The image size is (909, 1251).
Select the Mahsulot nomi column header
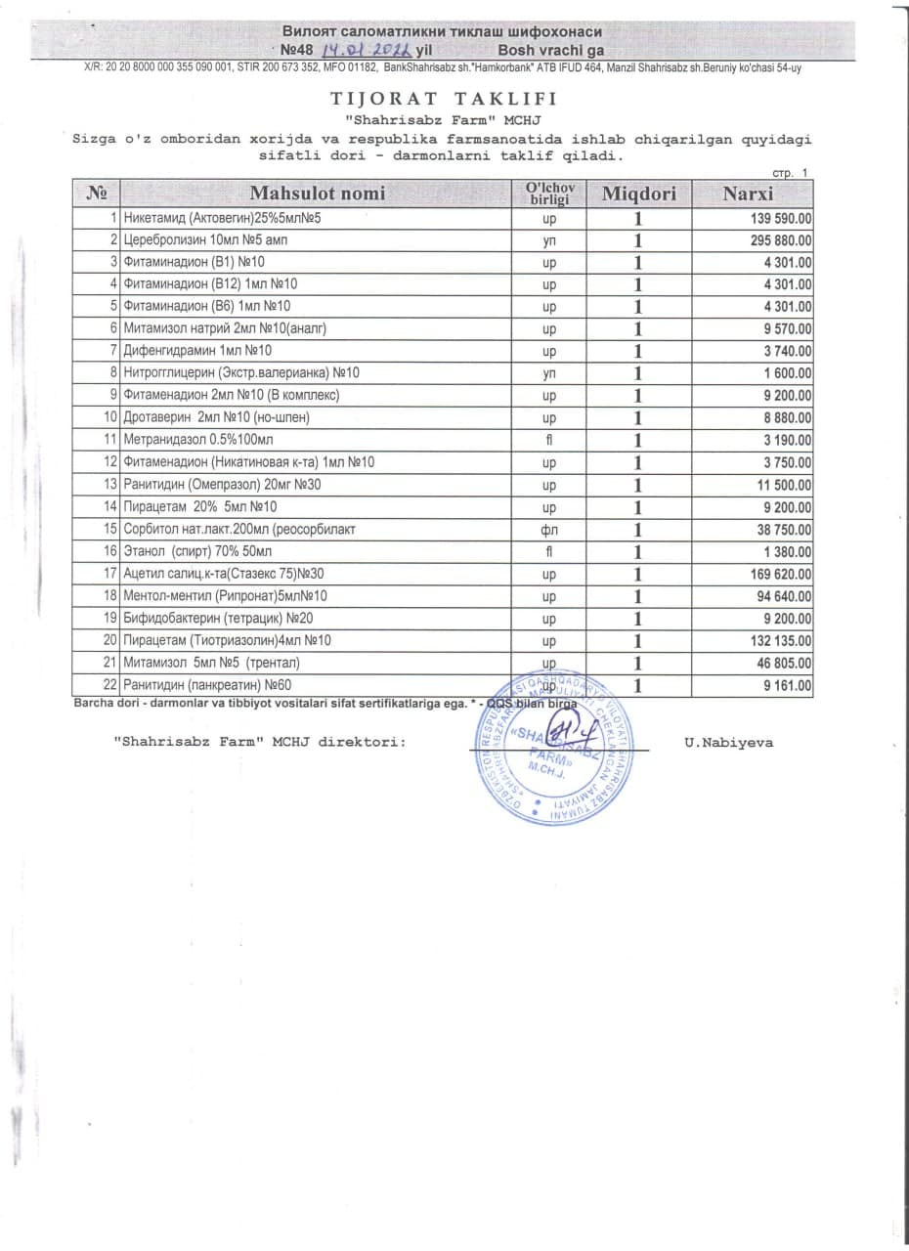[318, 194]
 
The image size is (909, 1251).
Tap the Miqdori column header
[638, 194]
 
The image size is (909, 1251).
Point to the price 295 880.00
[776, 239]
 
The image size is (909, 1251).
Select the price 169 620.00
[776, 574]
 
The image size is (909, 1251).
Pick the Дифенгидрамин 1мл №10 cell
[197, 351]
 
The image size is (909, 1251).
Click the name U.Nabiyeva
[729, 743]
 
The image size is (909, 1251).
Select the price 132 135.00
[776, 640]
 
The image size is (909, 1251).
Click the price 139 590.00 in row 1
[776, 217]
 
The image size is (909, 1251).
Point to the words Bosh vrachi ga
[551, 49]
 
